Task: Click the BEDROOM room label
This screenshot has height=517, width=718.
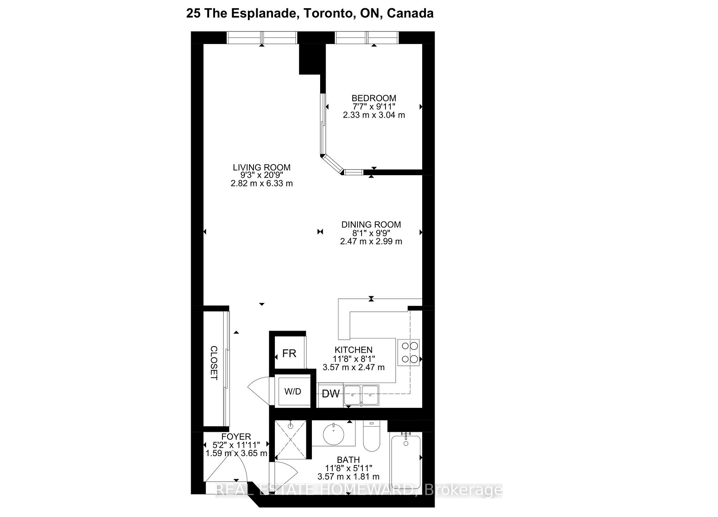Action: [x=374, y=98]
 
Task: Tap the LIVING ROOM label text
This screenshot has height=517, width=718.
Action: [x=261, y=167]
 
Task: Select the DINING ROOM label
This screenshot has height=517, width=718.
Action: [x=371, y=225]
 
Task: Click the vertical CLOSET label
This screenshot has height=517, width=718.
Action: [x=214, y=363]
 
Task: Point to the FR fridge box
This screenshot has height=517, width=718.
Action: [x=289, y=353]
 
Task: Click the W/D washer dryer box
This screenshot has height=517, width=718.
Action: [x=293, y=391]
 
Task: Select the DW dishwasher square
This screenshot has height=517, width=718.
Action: [x=331, y=394]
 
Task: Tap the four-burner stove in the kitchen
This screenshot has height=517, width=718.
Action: [x=408, y=352]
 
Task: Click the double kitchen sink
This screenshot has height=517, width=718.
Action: [x=361, y=395]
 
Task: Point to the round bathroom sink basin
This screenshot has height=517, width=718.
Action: [x=333, y=434]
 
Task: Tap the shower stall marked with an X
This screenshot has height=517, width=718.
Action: [x=291, y=439]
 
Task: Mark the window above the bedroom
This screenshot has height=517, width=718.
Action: [x=366, y=38]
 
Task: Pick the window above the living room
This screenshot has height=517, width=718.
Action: [x=262, y=38]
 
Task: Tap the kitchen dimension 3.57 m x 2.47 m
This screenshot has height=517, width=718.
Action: [x=353, y=367]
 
